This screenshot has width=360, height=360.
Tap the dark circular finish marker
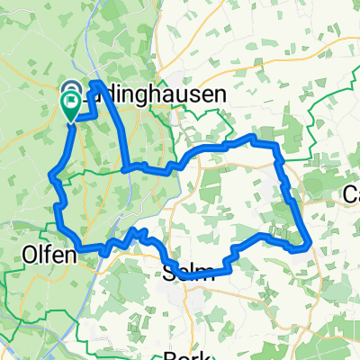pos(71,90)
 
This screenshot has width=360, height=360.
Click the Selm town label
pos(189,274)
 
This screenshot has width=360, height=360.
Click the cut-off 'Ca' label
pos(352,194)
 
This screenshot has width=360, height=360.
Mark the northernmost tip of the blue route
pos(96,83)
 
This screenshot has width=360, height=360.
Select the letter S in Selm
pos(171,274)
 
